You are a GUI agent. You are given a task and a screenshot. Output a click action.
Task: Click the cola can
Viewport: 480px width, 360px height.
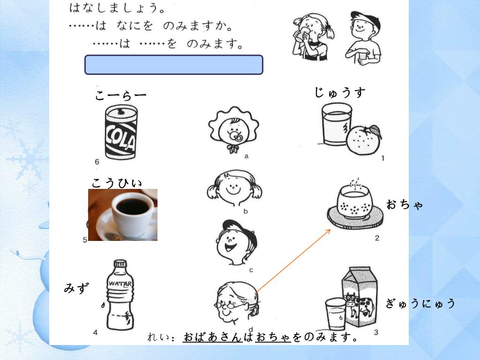tap(121, 132)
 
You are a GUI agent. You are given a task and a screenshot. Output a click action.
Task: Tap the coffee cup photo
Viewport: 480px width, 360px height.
tap(123, 215)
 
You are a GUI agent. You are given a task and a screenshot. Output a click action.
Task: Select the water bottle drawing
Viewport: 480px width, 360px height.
tap(120, 295)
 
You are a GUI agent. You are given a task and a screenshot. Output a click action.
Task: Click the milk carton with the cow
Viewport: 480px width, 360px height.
tap(360, 296)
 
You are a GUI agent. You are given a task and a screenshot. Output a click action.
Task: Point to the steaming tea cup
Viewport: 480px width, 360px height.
tap(355, 205)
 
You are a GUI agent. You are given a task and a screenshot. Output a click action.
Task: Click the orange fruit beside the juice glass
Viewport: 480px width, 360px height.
tap(364, 140)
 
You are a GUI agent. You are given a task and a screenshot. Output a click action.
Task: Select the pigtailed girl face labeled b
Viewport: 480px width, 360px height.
tap(234, 187)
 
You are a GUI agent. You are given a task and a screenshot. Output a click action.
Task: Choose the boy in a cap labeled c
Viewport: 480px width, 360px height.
tap(236, 242)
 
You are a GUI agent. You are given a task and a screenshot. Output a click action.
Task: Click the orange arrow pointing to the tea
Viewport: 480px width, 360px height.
tap(293, 261)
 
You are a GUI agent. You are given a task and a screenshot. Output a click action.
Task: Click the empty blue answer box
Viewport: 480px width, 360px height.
tap(173, 65)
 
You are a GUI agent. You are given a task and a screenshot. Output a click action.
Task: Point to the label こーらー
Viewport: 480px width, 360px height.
tap(120, 96)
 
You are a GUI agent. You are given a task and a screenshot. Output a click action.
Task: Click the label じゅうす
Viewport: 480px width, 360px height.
tap(340, 92)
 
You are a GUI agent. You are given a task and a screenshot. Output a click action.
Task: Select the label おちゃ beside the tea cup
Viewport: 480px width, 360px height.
tap(405, 204)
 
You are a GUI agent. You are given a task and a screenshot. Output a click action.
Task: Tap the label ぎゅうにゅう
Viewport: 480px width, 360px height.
tap(420, 303)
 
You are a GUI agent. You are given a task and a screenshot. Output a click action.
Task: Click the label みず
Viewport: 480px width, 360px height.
tap(76, 288)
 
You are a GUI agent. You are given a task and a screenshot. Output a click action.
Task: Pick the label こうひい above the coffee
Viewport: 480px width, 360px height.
tap(117, 183)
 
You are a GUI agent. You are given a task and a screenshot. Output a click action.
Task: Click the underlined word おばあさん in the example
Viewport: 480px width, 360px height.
tap(212, 337)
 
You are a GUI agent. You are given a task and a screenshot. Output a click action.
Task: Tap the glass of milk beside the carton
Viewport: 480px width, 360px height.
tap(336, 314)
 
